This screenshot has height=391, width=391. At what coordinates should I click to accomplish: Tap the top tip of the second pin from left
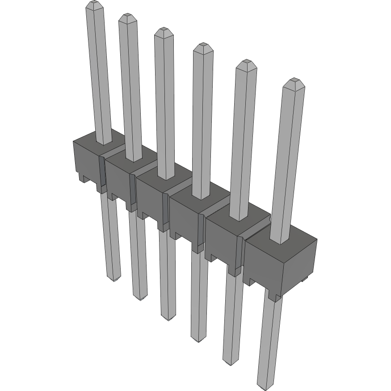pos(127,16)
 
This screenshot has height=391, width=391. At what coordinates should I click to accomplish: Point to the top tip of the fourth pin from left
pos(203,45)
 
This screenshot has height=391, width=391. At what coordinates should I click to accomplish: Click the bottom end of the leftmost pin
pos(114,278)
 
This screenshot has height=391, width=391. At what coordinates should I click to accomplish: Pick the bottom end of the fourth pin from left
pos(199,339)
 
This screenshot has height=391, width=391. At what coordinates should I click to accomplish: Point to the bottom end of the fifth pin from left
pos(231,362)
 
